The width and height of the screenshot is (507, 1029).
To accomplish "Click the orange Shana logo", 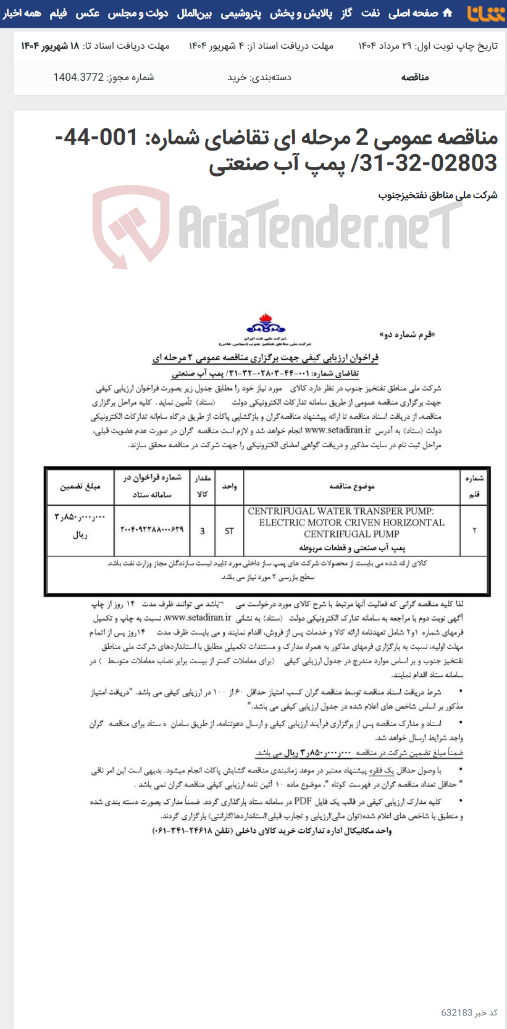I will pyautogui.click(x=486, y=13).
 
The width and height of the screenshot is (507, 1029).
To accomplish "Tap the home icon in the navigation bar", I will pyautogui.click(x=448, y=13).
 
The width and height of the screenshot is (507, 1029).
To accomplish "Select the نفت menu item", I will pyautogui.click(x=371, y=13).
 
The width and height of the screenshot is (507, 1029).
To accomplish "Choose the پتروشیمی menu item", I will pyautogui.click(x=241, y=13).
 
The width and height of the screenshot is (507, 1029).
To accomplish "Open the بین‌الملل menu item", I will pyautogui.click(x=194, y=13).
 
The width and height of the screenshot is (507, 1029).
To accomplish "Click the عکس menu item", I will pyautogui.click(x=88, y=13).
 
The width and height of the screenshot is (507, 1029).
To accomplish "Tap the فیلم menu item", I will pyautogui.click(x=58, y=13).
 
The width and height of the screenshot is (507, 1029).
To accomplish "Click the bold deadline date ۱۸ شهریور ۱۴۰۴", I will pyautogui.click(x=50, y=46).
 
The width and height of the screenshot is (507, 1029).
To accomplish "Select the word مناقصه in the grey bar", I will pyautogui.click(x=415, y=77).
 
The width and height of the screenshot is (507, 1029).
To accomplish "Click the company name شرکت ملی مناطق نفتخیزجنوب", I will pyautogui.click(x=437, y=195).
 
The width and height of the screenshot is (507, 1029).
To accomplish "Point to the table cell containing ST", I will pyautogui.click(x=229, y=531).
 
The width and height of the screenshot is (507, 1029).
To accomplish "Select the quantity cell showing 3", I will pyautogui.click(x=202, y=531).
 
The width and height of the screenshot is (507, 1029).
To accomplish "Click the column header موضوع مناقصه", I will pyautogui.click(x=352, y=487).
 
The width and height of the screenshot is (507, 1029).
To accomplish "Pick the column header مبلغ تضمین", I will pyautogui.click(x=80, y=487).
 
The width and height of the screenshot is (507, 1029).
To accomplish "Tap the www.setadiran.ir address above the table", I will pyautogui.click(x=338, y=431).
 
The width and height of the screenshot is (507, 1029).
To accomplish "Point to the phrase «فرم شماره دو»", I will pyautogui.click(x=407, y=334).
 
